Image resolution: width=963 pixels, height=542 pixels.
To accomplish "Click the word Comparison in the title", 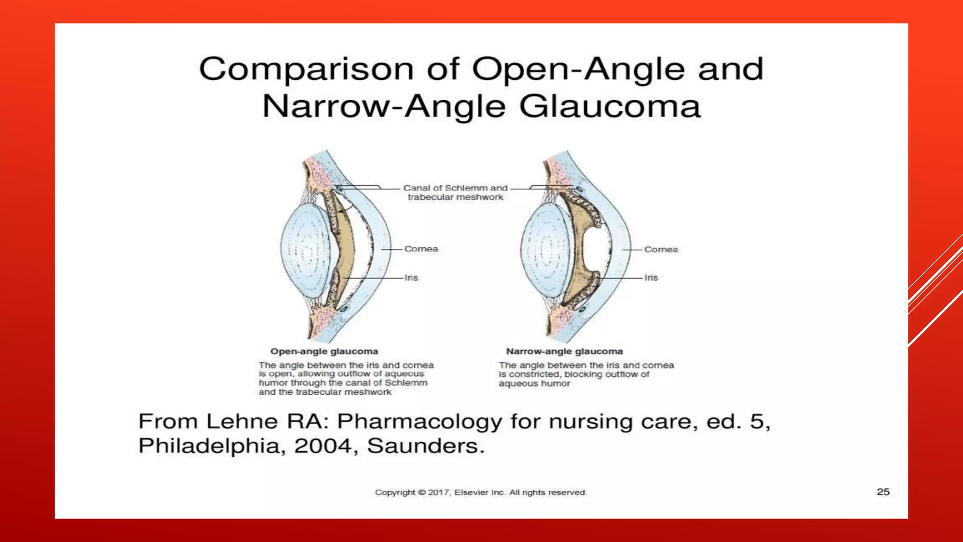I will (306, 70).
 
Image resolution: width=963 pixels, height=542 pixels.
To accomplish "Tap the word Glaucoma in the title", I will (610, 106).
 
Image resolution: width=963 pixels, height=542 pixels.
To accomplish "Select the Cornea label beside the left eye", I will (421, 249).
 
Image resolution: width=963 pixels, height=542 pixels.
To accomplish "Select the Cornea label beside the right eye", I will (661, 249).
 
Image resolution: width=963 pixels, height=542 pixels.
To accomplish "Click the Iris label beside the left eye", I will (411, 278).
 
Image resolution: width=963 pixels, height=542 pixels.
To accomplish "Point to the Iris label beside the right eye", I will (651, 278).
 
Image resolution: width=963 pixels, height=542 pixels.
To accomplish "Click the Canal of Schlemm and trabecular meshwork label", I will (455, 192).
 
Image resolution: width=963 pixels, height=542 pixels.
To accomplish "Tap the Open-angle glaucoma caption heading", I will (324, 351).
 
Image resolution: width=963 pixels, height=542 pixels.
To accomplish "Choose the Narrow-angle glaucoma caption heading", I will (564, 351).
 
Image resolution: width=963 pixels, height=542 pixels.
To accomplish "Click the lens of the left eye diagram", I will (306, 249).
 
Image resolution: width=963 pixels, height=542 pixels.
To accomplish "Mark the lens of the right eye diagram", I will (545, 249).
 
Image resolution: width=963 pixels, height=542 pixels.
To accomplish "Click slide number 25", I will (883, 492).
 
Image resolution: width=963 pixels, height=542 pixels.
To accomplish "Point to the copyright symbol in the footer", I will (421, 493).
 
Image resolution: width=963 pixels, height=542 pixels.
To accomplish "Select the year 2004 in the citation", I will (323, 446).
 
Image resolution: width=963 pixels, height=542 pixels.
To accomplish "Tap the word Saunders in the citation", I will (425, 446).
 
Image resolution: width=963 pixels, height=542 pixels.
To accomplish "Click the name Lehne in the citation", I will (242, 421).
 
